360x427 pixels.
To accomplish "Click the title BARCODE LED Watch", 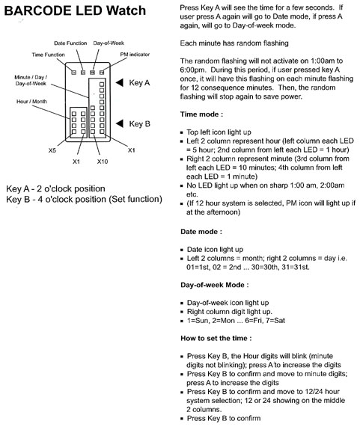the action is [x=75, y=10].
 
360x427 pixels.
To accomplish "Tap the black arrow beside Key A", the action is [x=120, y=82].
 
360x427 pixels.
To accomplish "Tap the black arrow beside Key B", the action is [x=120, y=123].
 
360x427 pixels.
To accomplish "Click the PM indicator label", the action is [x=135, y=55].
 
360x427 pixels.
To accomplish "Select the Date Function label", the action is [x=70, y=43].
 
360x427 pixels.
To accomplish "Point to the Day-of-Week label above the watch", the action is [x=109, y=43].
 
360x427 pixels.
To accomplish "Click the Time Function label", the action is [x=48, y=55].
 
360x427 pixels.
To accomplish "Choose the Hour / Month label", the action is [x=31, y=102].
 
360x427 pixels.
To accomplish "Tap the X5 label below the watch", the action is [x=52, y=150].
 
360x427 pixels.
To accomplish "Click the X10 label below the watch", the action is [x=103, y=162].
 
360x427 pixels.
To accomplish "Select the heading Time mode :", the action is [x=201, y=114].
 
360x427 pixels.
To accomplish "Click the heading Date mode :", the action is [x=201, y=232].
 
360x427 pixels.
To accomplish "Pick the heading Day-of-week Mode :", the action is [x=215, y=285].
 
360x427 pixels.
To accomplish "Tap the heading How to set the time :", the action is [x=216, y=338].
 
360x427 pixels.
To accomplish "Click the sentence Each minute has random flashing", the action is [x=234, y=43].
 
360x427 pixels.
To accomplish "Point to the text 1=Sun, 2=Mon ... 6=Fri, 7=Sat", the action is [x=236, y=321].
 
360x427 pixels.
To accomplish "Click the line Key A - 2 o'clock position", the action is [x=55, y=188].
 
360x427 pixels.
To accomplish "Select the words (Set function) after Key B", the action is [x=135, y=200].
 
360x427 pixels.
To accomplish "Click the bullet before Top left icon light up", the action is [x=182, y=132].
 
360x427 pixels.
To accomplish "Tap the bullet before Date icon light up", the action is [x=182, y=250].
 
